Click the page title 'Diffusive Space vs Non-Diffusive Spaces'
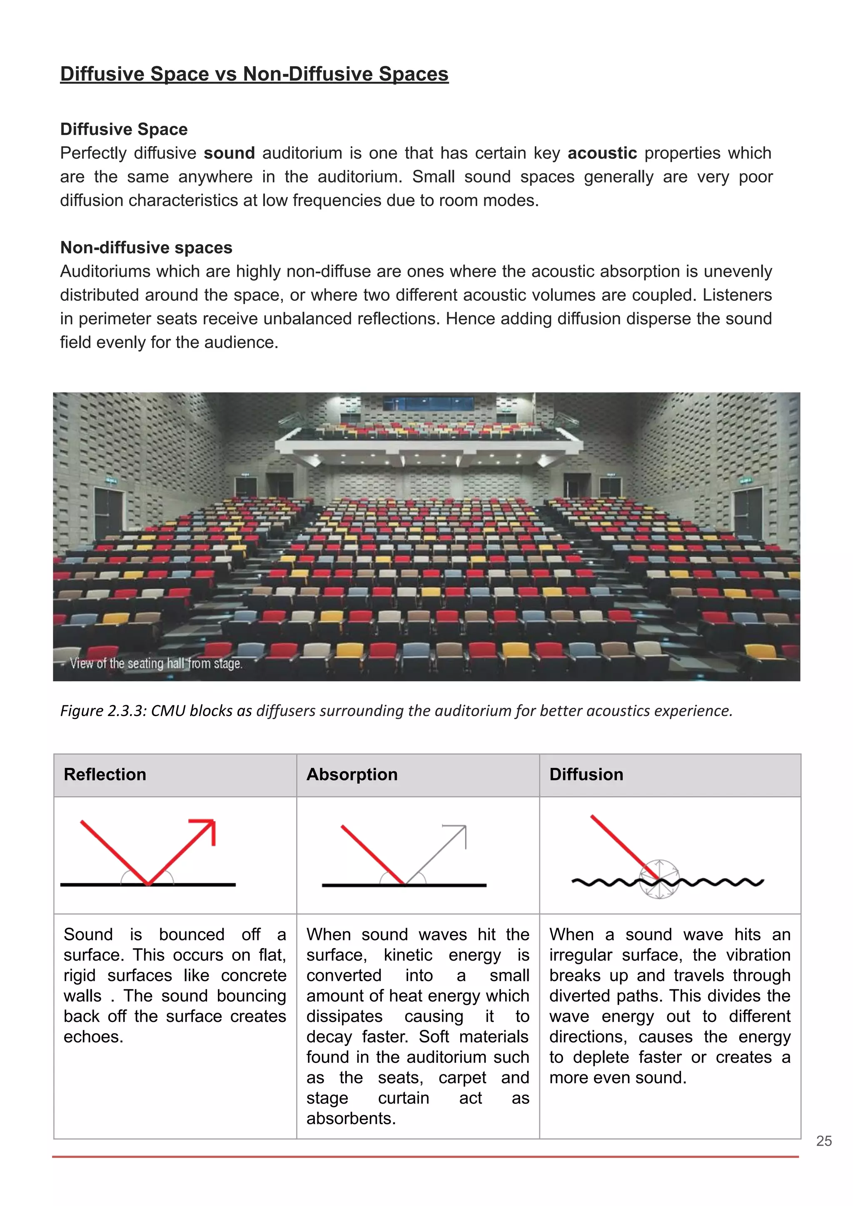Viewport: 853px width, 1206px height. pos(254,74)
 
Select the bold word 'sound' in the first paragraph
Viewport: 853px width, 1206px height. pos(229,153)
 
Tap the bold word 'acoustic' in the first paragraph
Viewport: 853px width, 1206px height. pos(602,153)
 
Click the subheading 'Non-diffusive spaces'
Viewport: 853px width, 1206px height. pos(146,247)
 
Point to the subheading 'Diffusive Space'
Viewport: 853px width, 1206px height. pos(123,129)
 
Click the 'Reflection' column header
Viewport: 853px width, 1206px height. pos(105,774)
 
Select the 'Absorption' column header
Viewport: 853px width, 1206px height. pos(352,774)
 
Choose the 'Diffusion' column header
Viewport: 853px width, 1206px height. pos(586,774)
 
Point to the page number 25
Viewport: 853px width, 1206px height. pos(823,1141)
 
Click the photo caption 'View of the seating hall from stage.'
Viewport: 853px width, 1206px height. pos(156,664)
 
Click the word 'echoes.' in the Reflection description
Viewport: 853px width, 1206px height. pos(93,1037)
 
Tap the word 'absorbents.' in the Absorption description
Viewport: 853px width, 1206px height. pos(351,1118)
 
